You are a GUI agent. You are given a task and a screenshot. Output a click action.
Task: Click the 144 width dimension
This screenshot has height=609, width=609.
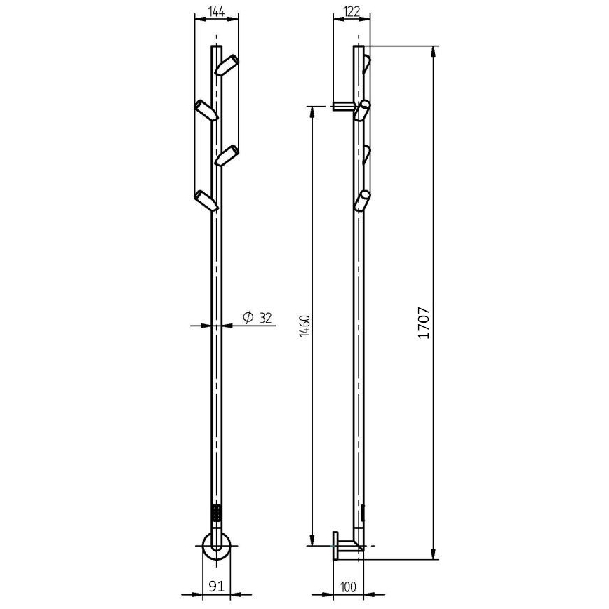tap(216, 11)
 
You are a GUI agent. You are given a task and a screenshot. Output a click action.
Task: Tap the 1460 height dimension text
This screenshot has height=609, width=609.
tap(304, 326)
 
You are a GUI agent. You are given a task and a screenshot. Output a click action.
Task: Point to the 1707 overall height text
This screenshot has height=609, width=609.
tap(423, 325)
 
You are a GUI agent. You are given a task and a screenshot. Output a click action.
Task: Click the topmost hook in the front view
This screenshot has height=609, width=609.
tap(227, 65)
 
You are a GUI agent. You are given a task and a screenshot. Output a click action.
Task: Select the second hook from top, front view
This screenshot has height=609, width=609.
tap(206, 110)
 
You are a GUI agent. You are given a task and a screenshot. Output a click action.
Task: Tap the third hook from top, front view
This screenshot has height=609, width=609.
tap(227, 155)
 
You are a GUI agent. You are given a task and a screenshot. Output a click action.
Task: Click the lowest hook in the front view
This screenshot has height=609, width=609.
tap(206, 200)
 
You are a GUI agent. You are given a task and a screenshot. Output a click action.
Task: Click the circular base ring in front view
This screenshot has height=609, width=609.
tap(216, 545)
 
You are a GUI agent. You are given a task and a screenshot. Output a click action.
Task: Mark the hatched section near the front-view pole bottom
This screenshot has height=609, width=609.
tap(216, 512)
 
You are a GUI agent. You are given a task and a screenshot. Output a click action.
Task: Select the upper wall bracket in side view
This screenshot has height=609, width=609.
tap(344, 106)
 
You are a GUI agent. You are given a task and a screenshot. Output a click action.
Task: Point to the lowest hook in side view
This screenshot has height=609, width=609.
tap(362, 201)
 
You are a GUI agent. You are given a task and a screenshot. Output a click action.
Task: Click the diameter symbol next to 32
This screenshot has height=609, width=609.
tap(248, 318)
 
